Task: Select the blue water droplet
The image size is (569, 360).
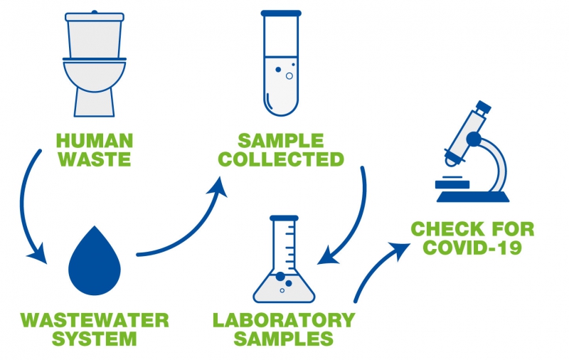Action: pyautogui.click(x=95, y=263)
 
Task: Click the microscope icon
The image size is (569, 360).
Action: pyautogui.click(x=472, y=153)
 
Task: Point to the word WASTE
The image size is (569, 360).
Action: pyautogui.click(x=95, y=159)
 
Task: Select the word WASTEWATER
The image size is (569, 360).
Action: pyautogui.click(x=95, y=319)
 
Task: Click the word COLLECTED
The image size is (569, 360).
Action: pyautogui.click(x=280, y=159)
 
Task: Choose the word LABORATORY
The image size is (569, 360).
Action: pyautogui.click(x=283, y=319)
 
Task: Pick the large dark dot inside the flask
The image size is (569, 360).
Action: pyautogui.click(x=280, y=276)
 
